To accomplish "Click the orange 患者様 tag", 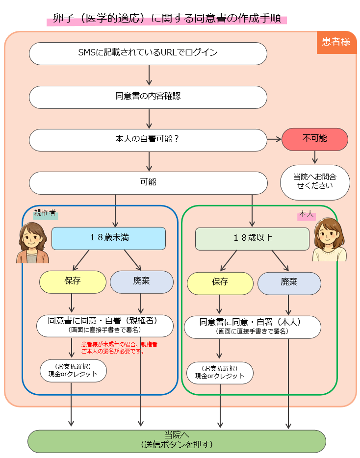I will pyautogui.click(x=336, y=42).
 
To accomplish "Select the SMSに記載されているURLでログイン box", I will pyautogui.click(x=148, y=53).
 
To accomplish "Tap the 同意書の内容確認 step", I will pyautogui.click(x=148, y=97).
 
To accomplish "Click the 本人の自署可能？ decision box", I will pyautogui.click(x=148, y=140).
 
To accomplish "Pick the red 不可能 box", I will pyautogui.click(x=315, y=139).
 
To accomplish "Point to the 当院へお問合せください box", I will pyautogui.click(x=315, y=182).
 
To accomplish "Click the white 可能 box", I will pyautogui.click(x=148, y=183).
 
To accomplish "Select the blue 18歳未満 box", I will pyautogui.click(x=108, y=238).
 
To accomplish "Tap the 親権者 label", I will pyautogui.click(x=45, y=214).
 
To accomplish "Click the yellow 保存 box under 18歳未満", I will pyautogui.click(x=73, y=281).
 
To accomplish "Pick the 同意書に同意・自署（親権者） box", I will pyautogui.click(x=105, y=326).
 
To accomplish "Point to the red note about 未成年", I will pyautogui.click(x=119, y=348).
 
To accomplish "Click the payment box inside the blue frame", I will pyautogui.click(x=73, y=370).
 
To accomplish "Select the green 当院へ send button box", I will pyautogui.click(x=177, y=440).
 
